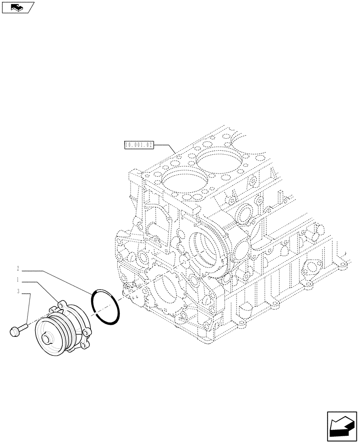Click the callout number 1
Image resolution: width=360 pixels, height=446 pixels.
[x=18, y=281]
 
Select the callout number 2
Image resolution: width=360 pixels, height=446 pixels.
[x=18, y=269]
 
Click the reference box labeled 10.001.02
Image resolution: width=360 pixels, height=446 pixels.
[x=139, y=145]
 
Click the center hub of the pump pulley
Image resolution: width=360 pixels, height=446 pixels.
[x=47, y=340]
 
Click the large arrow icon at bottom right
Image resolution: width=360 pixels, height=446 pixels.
[x=341, y=428]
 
